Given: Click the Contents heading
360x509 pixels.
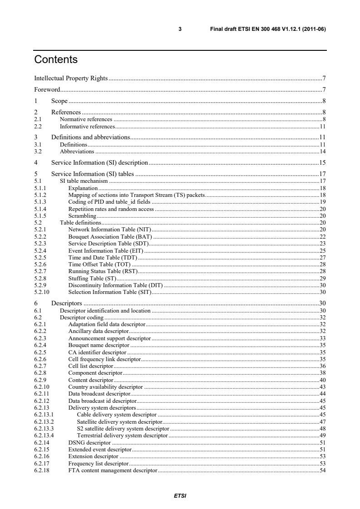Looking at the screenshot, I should pos(56,60).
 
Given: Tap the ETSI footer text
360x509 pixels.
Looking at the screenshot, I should pos(180,495).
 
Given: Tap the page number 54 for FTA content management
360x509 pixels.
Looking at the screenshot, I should pos(323,470).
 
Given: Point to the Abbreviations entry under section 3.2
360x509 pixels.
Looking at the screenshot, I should pos(77,151).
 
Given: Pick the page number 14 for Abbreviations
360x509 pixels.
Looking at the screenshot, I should pos(323,151).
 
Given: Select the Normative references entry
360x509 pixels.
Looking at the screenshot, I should pos(86,119).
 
